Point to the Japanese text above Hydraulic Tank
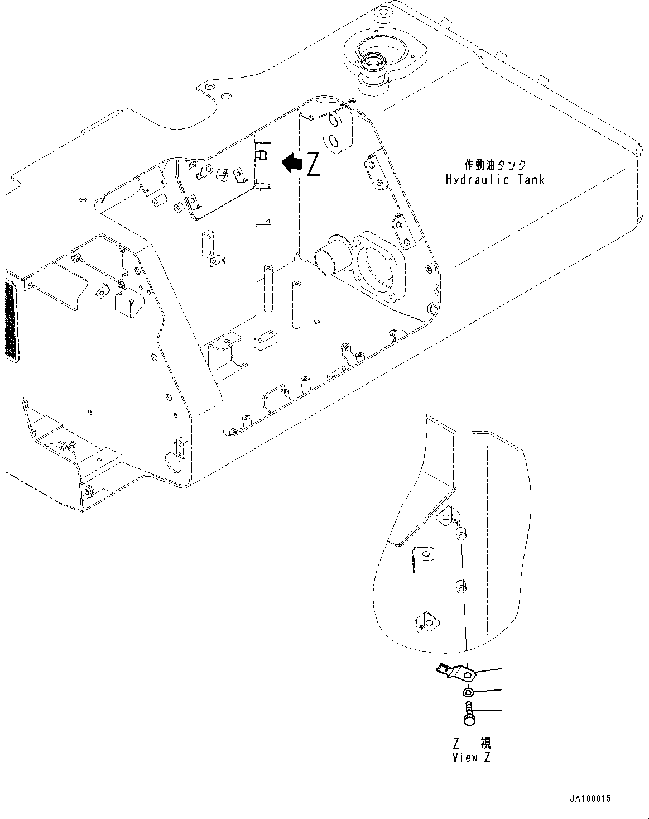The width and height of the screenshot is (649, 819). pyautogui.click(x=494, y=165)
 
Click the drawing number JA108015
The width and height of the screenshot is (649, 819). pyautogui.click(x=590, y=798)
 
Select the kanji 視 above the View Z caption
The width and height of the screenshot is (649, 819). pyautogui.click(x=485, y=744)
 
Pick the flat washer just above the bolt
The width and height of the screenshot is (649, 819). pyautogui.click(x=468, y=693)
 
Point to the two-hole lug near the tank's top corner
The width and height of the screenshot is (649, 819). pyautogui.click(x=337, y=131)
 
